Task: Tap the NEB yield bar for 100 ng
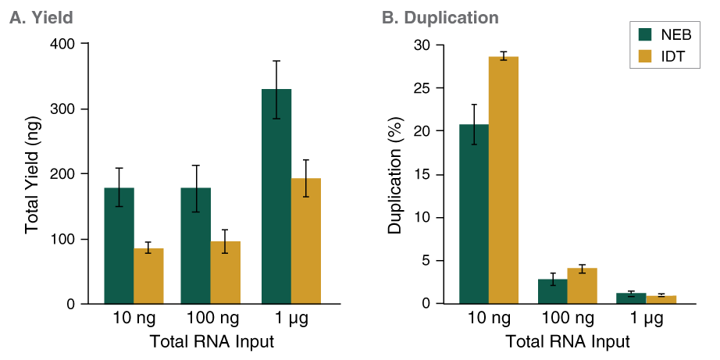click(196, 245)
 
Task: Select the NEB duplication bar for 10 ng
click(474, 214)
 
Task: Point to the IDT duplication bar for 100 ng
click(582, 286)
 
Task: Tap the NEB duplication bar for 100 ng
click(552, 291)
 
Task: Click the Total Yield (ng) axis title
click(33, 173)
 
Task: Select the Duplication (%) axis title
click(394, 174)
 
